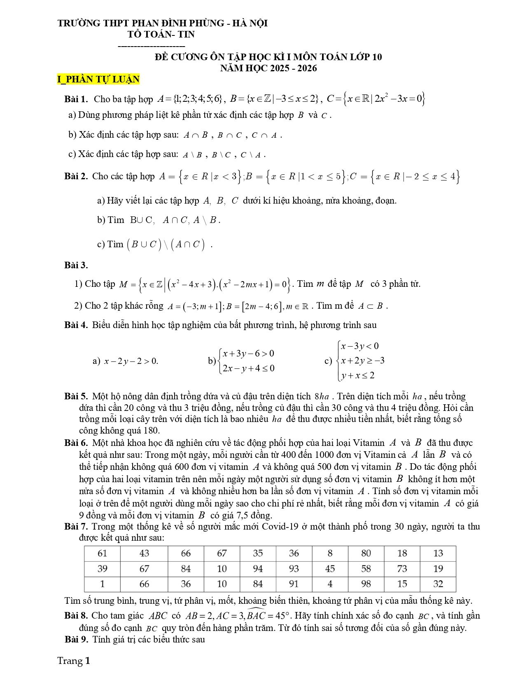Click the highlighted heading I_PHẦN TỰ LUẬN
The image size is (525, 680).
(x=98, y=79)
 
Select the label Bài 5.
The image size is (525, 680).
(x=76, y=396)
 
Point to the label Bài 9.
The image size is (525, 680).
(x=77, y=640)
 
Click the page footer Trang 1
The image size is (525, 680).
(x=74, y=661)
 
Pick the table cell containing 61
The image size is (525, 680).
(x=102, y=553)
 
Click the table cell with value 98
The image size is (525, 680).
(x=366, y=584)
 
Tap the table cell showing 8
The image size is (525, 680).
(x=330, y=553)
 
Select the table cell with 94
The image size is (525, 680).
(x=258, y=569)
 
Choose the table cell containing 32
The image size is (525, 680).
(x=438, y=584)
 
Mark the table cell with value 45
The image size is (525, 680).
(x=330, y=569)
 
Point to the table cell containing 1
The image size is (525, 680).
(x=102, y=584)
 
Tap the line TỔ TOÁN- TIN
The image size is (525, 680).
(x=161, y=35)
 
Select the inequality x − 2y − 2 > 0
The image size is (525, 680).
(x=131, y=361)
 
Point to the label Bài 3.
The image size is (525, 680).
(x=76, y=265)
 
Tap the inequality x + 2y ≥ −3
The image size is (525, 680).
(x=363, y=361)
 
